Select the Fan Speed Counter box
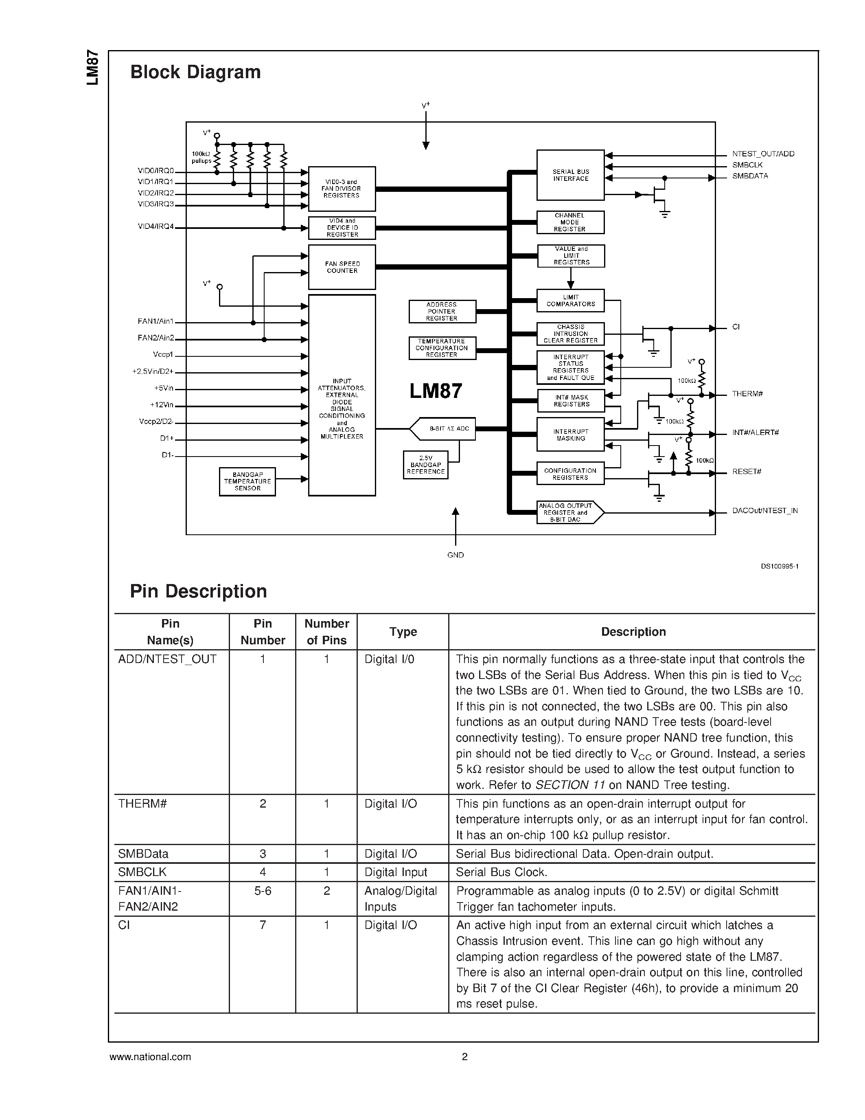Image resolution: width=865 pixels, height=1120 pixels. pos(342,267)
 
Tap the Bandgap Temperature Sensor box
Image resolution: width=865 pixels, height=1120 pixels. pos(247,481)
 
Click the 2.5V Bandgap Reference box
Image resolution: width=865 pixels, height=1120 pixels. pos(425,465)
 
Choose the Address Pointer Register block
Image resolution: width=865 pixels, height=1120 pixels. pos(442,311)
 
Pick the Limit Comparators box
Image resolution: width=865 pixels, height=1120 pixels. pos(570,301)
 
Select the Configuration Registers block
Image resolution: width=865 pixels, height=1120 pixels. pos(570,474)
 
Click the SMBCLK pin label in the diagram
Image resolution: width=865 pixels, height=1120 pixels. pos(747,165)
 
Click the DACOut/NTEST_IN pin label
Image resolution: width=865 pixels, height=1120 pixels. pos(764,511)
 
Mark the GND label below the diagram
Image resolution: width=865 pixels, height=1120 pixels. pos(455,555)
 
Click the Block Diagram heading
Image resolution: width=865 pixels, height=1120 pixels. pos(195,72)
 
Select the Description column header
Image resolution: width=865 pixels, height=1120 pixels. pos(633,632)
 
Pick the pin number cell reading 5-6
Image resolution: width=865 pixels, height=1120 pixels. pos(263,891)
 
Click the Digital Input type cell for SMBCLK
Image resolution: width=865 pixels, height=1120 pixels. pos(396,872)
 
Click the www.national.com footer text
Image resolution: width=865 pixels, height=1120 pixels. pos(150,1057)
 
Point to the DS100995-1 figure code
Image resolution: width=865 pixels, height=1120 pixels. pos(780,567)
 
